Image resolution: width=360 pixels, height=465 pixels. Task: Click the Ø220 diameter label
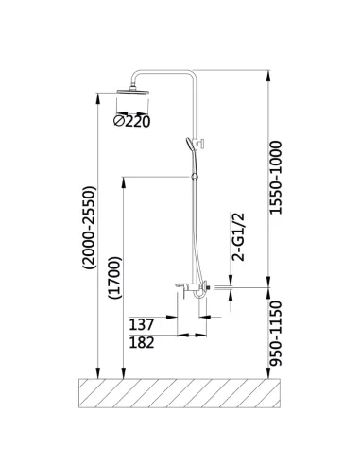[131, 121]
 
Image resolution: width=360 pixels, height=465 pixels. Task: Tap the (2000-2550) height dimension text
[89, 228]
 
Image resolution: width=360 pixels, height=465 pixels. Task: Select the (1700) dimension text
[114, 278]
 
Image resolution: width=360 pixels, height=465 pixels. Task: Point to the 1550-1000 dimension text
[276, 178]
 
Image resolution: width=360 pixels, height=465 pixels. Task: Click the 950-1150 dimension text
[276, 334]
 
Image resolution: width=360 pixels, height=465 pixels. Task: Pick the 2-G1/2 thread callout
[238, 237]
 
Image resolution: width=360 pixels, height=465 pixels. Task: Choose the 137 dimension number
[142, 324]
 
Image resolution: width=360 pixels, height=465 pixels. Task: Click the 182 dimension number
[142, 342]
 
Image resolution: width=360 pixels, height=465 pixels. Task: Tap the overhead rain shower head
[132, 91]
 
